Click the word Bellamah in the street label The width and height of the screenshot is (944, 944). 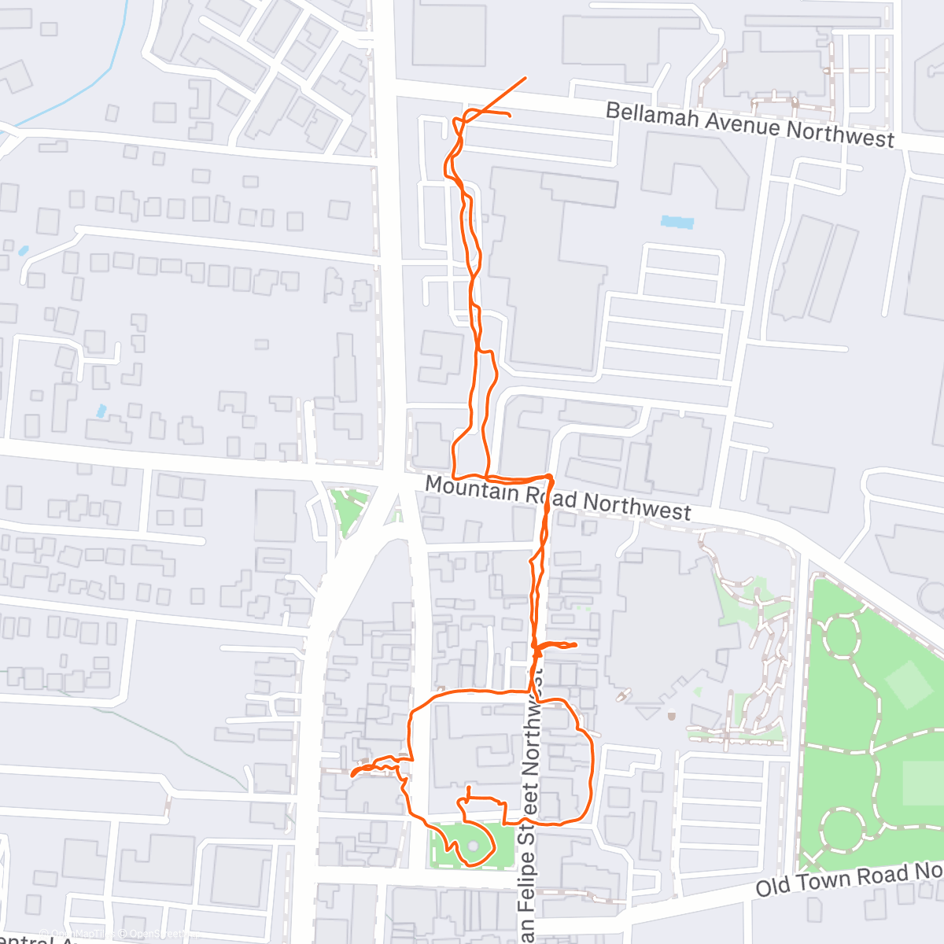pyautogui.click(x=653, y=116)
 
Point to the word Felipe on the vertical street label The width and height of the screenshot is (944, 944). pyautogui.click(x=528, y=866)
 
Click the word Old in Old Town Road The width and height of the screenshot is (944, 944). pyautogui.click(x=773, y=888)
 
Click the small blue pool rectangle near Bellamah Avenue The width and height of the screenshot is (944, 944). pyautogui.click(x=677, y=222)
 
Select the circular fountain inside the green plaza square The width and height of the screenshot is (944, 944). pyautogui.click(x=473, y=845)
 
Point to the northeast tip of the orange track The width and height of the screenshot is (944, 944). pyautogui.click(x=525, y=78)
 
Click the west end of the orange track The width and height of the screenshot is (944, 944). pyautogui.click(x=352, y=775)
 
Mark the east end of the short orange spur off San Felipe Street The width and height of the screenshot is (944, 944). pyautogui.click(x=577, y=645)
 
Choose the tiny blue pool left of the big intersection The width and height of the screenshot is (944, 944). pyautogui.click(x=100, y=411)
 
